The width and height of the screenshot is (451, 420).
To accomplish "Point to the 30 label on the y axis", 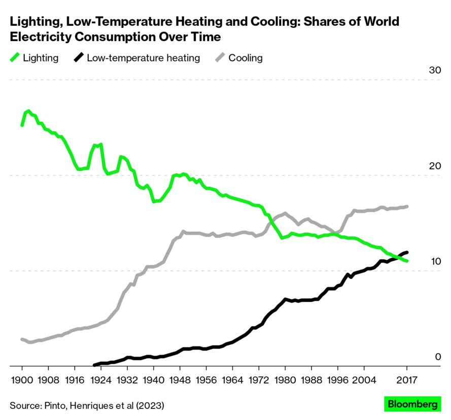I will click(x=435, y=70).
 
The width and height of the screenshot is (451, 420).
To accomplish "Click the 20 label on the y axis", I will click(x=435, y=166).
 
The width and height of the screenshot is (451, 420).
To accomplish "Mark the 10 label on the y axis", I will click(x=435, y=261).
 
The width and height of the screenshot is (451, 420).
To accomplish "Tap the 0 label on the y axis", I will click(x=438, y=357).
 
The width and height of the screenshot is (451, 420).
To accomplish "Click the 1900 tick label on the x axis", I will click(x=22, y=379).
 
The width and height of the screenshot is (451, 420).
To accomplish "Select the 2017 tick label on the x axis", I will click(x=407, y=379).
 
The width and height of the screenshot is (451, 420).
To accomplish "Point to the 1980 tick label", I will click(x=285, y=379).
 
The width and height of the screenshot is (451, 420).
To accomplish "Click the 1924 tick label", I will click(x=101, y=379).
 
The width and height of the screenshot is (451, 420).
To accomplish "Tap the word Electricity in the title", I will click(x=38, y=37).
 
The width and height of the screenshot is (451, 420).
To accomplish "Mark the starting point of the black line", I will click(x=94, y=365).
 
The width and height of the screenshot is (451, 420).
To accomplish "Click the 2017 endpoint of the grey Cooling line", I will click(x=407, y=206).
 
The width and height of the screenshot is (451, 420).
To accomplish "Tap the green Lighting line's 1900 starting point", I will click(x=22, y=125).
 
